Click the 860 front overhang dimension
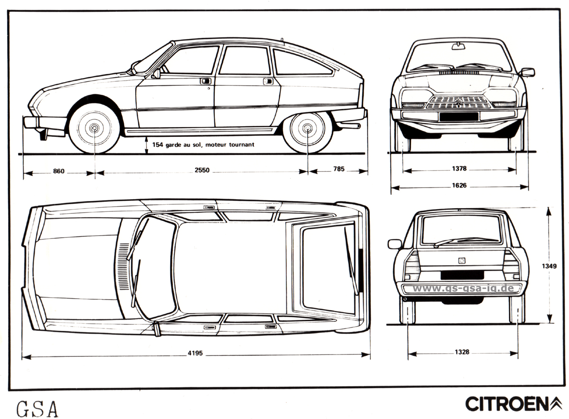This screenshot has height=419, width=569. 59,171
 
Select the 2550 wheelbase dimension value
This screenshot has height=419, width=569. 202,170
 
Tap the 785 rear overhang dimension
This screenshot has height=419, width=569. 339,169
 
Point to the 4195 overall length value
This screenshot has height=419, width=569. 195,353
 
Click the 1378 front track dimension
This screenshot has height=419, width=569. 459,169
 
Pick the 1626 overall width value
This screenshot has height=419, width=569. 459,185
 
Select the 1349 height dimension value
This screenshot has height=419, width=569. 549,266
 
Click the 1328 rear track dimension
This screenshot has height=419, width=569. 462,352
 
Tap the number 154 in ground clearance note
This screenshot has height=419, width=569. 157,145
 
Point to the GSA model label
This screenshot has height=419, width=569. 37,409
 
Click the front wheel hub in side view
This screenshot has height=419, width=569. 94,128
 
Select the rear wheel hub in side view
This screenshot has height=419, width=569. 308,128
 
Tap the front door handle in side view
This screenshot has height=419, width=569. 205,81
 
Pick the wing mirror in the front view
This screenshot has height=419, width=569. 528,73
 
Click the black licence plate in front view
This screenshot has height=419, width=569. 459,117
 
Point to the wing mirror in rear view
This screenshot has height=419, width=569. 395,244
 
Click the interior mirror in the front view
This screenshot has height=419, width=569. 459,46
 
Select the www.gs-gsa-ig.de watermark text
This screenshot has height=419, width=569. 463,288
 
